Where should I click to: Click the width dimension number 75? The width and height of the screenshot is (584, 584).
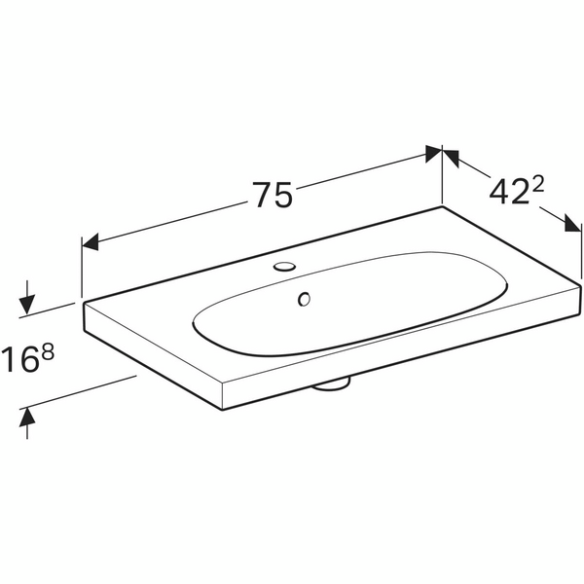click(x=273, y=196)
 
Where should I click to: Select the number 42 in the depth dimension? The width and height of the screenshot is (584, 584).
click(x=505, y=194)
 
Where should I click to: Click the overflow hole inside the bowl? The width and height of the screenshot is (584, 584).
click(x=305, y=299)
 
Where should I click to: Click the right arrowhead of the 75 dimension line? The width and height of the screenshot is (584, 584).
click(x=434, y=152)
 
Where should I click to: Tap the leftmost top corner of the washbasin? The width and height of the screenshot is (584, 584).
click(x=82, y=302)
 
